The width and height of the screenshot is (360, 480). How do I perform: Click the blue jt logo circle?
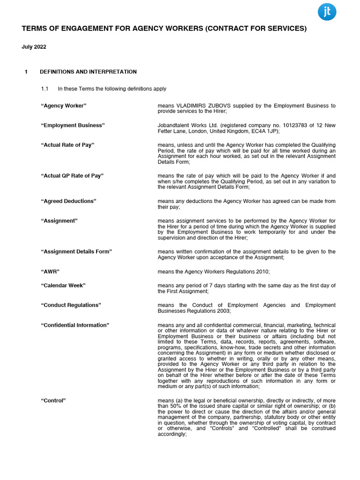click(327, 12)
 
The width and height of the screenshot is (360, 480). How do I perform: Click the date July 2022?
click(34, 47)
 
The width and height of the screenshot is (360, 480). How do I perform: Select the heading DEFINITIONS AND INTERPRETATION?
click(88, 72)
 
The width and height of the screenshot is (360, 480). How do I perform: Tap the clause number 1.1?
click(45, 89)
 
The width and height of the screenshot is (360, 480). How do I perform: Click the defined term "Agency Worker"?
click(64, 106)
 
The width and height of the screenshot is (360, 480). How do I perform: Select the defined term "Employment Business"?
click(73, 126)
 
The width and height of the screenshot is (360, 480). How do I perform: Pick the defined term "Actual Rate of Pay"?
click(67, 145)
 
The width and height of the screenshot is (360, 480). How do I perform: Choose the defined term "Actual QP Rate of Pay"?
click(72, 176)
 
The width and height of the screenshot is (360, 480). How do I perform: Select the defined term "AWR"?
click(50, 271)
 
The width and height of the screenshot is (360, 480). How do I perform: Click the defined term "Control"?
click(53, 400)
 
